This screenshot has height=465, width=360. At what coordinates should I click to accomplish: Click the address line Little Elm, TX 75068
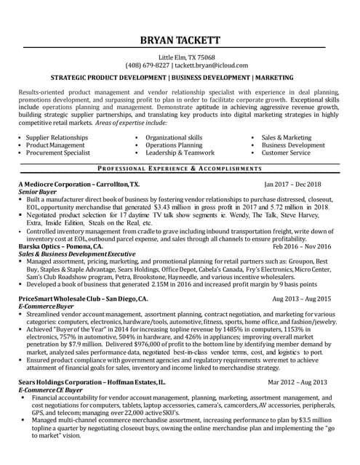point(180,57)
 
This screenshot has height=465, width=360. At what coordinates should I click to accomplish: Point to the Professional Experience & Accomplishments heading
point(180,168)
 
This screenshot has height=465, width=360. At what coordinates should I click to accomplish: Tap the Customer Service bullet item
point(286,153)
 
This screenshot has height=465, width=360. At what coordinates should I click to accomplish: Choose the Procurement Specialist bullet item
point(58,153)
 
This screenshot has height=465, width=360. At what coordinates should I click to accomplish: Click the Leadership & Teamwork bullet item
point(180,153)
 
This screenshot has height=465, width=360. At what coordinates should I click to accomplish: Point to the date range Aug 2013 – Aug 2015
point(301,299)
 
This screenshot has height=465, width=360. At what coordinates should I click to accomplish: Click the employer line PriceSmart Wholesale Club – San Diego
point(83,299)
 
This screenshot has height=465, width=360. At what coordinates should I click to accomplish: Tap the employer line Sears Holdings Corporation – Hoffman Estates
point(92,381)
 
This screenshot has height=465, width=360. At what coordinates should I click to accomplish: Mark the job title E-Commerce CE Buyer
point(50,390)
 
